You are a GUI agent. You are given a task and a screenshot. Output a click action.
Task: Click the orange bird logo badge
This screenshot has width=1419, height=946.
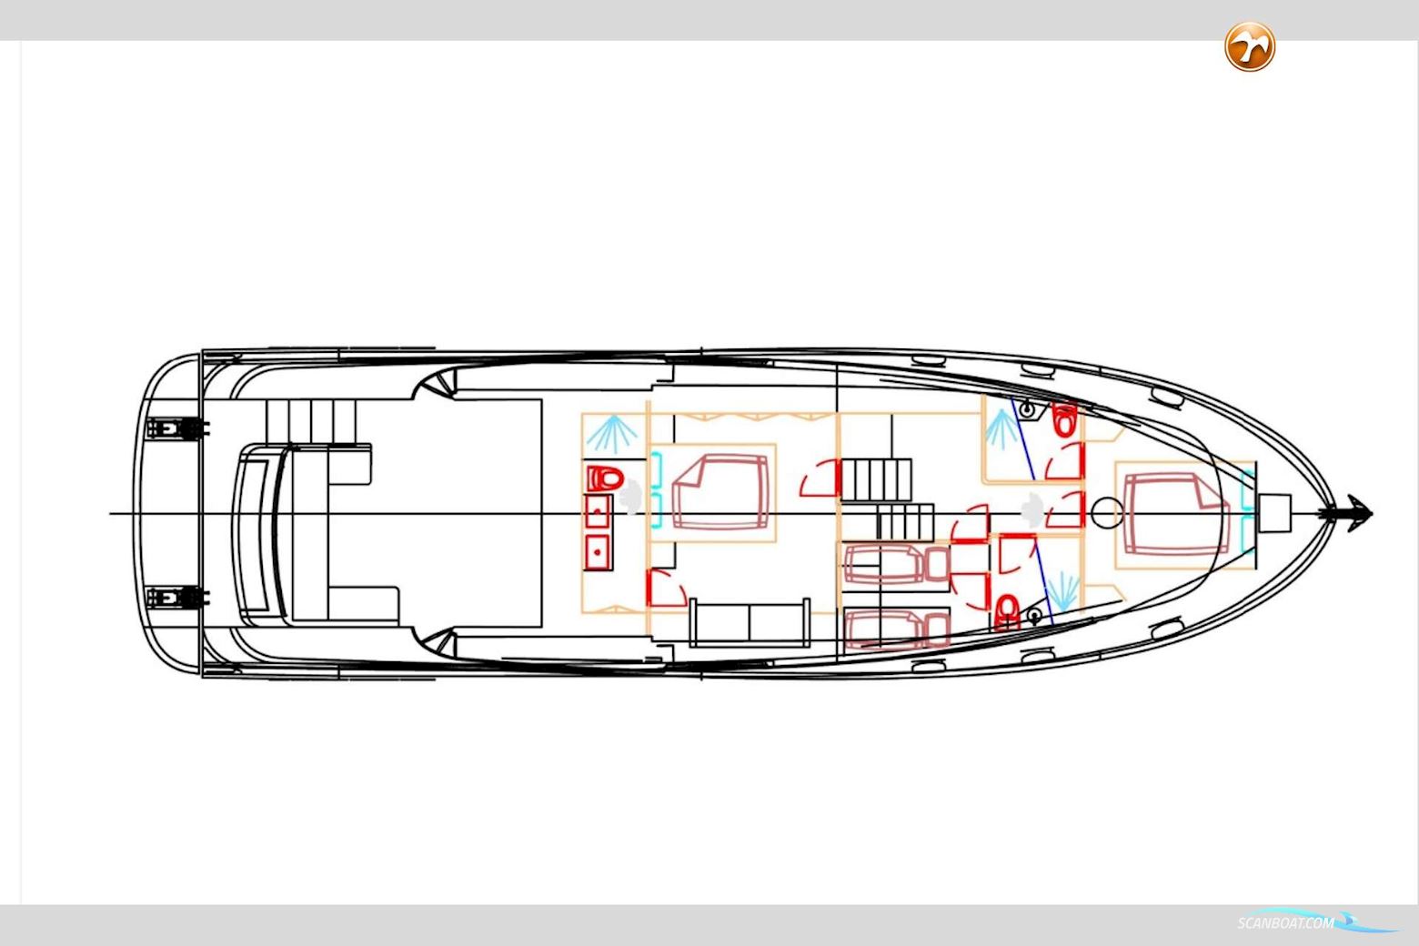coord(1250,46)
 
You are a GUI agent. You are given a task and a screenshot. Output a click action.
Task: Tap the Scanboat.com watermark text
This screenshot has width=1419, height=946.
coord(1286,923)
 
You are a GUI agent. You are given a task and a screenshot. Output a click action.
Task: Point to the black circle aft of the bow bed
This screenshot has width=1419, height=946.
coord(1105,514)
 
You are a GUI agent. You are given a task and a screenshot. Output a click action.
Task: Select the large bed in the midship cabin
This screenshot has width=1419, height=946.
coord(720,492)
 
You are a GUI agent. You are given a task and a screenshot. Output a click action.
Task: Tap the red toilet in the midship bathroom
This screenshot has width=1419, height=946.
coord(604,478)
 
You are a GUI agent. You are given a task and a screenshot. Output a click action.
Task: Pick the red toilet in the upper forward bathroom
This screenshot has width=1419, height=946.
coord(1064,420)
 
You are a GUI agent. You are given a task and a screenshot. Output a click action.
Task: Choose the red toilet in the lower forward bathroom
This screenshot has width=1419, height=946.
coord(1007,611)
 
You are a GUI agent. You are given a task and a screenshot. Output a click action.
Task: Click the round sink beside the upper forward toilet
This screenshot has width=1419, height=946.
coord(1028,410)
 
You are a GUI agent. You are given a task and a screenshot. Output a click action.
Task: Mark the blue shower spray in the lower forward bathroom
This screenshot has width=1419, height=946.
coord(1062,591)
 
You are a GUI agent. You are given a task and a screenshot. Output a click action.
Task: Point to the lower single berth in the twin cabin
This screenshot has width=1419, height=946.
coord(896,629)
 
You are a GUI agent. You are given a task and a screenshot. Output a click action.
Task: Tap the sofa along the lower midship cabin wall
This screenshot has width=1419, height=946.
coord(750,623)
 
